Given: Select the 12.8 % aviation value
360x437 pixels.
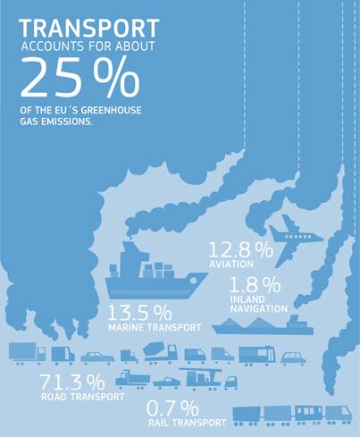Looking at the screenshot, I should pyautogui.click(x=239, y=250).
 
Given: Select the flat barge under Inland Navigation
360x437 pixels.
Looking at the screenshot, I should pyautogui.click(x=263, y=324).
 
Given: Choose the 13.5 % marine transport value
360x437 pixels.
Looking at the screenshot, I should pyautogui.click(x=140, y=314).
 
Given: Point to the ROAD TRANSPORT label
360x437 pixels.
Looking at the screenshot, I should pyautogui.click(x=82, y=399).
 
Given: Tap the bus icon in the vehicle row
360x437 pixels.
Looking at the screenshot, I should pyautogui.click(x=256, y=355).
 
